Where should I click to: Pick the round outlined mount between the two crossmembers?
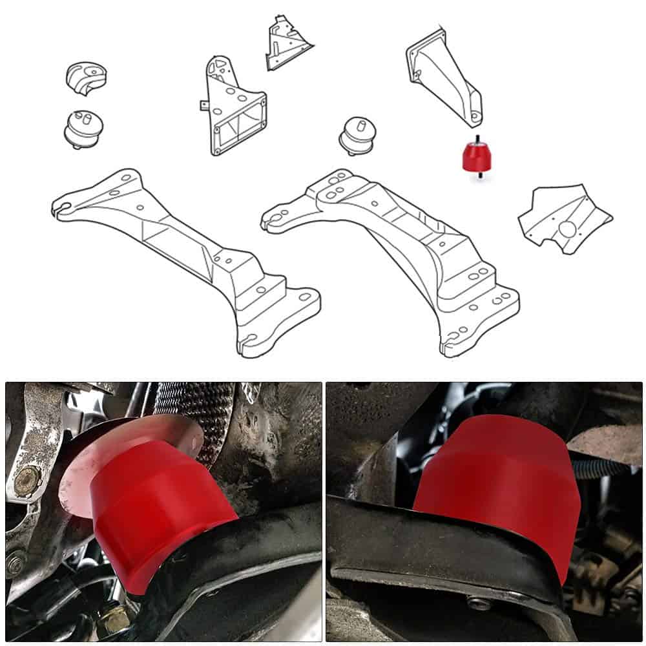[x=357, y=136]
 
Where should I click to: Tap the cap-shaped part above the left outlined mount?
[x=86, y=77]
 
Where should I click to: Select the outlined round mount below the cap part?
[x=85, y=127]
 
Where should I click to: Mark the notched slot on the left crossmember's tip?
[x=62, y=208]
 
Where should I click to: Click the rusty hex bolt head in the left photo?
[x=26, y=479]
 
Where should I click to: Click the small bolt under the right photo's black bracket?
[x=478, y=605]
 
